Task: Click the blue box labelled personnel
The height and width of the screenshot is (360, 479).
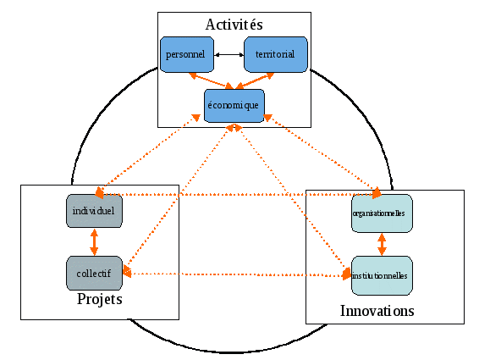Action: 187,54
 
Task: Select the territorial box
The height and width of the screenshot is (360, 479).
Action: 276,54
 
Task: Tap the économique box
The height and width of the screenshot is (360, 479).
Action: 234,106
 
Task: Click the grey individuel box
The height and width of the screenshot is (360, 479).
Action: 94,211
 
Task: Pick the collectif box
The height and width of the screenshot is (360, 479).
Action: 94,273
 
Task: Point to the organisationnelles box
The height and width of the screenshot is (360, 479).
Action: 382,213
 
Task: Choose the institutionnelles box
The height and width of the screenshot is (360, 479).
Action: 382,275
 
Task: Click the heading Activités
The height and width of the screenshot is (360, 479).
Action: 234,25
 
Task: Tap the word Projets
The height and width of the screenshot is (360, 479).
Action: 100,299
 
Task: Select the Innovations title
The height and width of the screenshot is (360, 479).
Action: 377,311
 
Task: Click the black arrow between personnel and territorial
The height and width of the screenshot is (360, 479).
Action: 229,55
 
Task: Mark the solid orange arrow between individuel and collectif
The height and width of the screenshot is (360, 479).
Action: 94,242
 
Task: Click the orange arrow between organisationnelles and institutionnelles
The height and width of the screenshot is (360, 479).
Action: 382,245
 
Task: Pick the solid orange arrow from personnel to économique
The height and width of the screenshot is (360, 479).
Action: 211,80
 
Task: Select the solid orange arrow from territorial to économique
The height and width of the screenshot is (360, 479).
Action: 255,80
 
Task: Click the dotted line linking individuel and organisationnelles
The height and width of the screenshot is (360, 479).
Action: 239,194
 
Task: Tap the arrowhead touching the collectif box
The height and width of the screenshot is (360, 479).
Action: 127,272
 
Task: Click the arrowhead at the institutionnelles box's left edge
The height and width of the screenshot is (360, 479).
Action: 347,274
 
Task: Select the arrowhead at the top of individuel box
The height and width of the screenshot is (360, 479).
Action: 99,192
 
